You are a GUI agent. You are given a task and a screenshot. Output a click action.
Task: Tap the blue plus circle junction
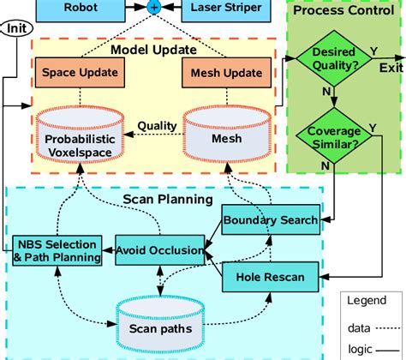click(154, 7)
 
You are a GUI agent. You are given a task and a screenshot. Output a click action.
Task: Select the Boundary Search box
click(271, 220)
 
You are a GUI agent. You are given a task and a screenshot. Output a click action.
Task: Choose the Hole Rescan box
click(272, 276)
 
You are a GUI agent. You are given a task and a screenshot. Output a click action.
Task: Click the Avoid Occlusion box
click(161, 250)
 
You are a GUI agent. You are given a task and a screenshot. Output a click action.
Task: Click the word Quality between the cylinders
click(157, 126)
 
